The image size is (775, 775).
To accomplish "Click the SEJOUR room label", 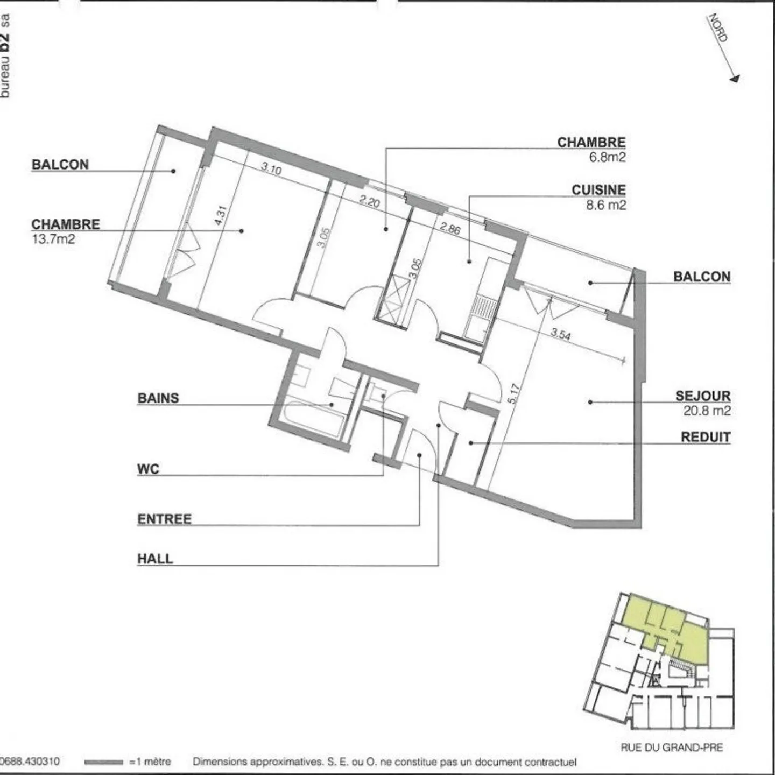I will (x=702, y=396).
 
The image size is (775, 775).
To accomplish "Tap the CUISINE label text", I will (x=598, y=190).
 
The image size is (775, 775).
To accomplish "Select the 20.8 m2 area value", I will (x=707, y=411).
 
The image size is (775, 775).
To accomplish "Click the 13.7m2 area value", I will (x=53, y=239).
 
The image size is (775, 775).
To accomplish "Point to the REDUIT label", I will (x=705, y=437).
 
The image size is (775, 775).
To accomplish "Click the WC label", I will (x=148, y=469).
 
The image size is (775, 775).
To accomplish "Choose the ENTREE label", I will (x=164, y=519).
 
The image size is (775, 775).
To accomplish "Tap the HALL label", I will (x=155, y=559).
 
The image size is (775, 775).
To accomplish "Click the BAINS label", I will (x=158, y=398).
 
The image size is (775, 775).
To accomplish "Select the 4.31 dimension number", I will (x=221, y=215).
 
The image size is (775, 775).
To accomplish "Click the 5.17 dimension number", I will (x=513, y=393).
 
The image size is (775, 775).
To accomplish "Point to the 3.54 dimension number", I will (x=560, y=334).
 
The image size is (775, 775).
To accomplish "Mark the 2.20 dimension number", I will (x=369, y=201).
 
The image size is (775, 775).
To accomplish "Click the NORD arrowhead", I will (x=734, y=79).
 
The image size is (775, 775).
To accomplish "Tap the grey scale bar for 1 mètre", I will (x=104, y=762).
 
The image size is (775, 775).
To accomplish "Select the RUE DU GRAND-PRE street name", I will (x=671, y=748).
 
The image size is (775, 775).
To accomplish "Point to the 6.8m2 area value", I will (x=607, y=157).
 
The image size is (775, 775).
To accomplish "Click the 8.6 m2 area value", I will (x=605, y=205).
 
